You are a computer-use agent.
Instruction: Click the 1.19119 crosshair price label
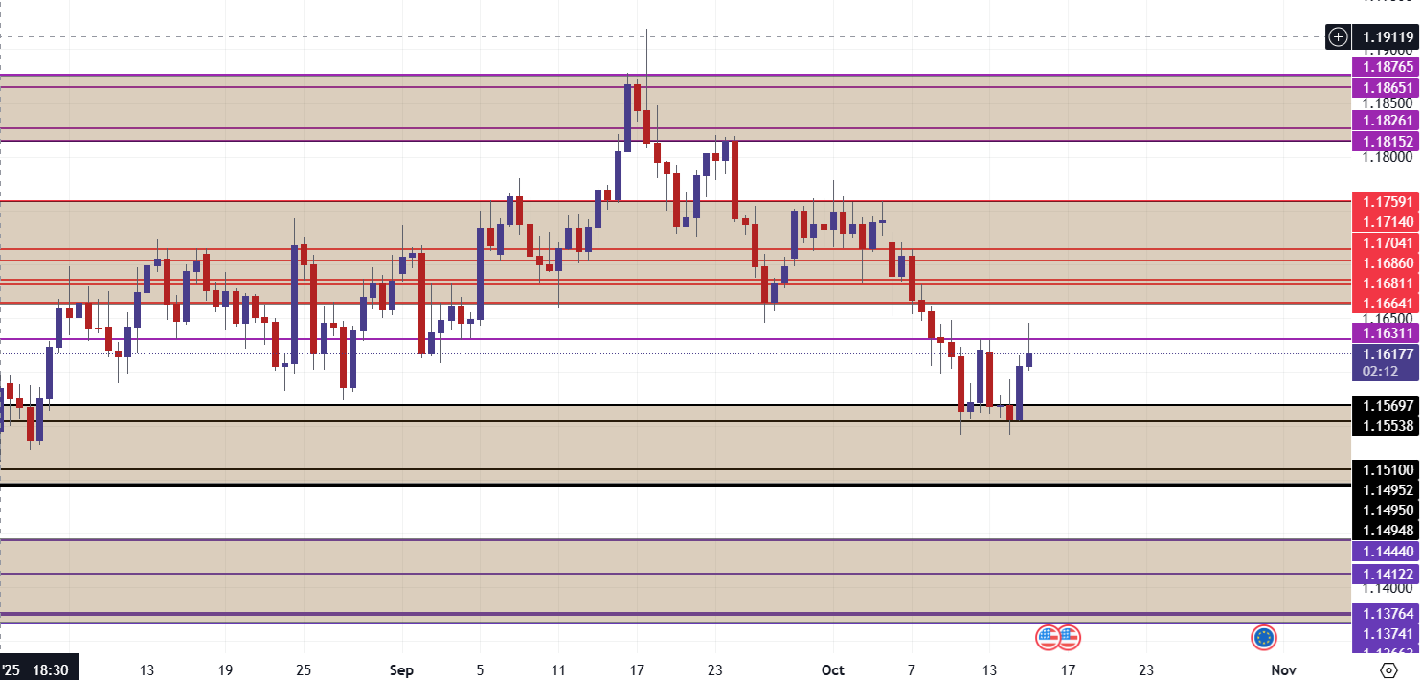pos(1386,37)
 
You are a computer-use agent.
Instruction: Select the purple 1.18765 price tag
pos(1386,67)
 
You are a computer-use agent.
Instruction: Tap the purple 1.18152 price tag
pos(1386,141)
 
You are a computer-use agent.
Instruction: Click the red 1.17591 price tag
pos(1386,201)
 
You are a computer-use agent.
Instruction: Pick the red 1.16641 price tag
pos(1386,304)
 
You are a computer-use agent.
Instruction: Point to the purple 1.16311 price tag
pos(1386,332)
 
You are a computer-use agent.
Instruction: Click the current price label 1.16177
pos(1386,353)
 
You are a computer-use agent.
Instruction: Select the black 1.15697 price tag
pos(1386,405)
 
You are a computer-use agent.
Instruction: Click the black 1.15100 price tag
pos(1386,469)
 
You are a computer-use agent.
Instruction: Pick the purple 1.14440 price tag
pos(1386,551)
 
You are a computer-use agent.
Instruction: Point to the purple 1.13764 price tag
pos(1386,613)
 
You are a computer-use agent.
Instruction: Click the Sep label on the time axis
pos(402,669)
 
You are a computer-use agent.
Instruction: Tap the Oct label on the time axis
pos(832,669)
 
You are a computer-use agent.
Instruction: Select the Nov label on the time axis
pos(1283,669)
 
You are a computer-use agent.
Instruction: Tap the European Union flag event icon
pos(1264,636)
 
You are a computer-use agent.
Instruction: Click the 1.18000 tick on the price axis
pos(1386,157)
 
